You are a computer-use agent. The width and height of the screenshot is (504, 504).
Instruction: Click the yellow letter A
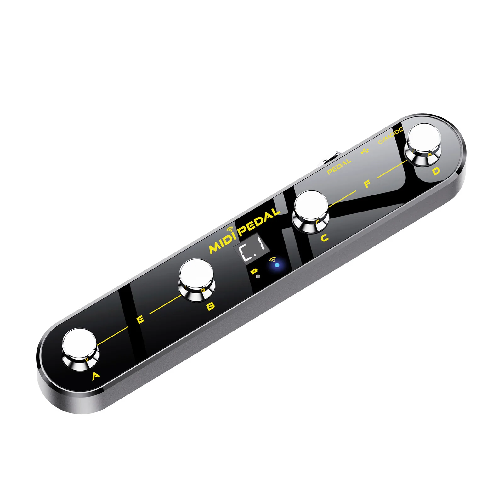point(96,376)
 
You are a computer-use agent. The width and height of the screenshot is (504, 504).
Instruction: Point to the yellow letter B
point(211,306)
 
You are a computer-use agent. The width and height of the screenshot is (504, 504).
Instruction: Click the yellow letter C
point(325,238)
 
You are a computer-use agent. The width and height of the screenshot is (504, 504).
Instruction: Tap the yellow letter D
point(436,171)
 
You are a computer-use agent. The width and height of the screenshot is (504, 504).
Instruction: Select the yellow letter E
point(141,320)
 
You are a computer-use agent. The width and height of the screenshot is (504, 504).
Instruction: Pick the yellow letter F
point(367,184)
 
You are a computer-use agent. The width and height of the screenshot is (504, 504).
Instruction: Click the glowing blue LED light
point(277,265)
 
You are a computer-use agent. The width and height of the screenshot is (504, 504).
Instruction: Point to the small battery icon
point(254,271)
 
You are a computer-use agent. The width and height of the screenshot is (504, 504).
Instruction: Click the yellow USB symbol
point(365,151)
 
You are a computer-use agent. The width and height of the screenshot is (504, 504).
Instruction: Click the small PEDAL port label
point(339,167)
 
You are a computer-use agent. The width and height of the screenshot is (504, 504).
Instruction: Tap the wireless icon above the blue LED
point(273,259)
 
